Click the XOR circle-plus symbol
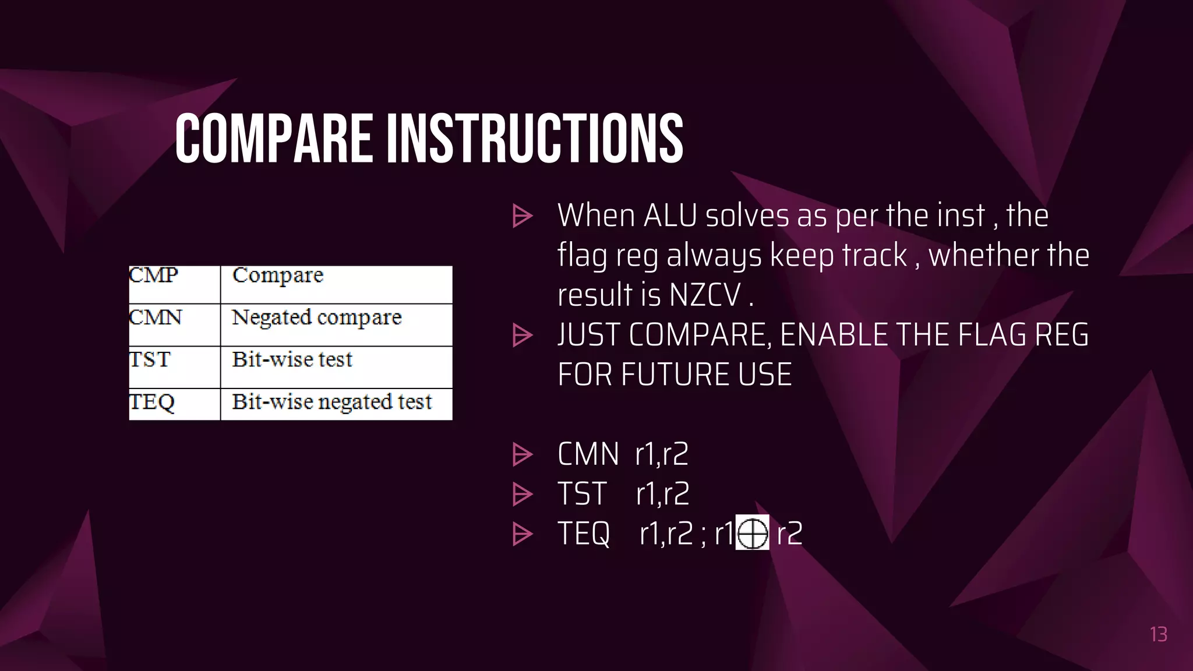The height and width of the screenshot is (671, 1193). click(x=752, y=532)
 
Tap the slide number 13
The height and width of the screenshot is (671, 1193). click(x=1158, y=634)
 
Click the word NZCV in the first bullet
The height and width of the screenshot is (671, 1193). click(x=705, y=295)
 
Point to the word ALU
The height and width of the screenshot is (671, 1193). click(x=670, y=216)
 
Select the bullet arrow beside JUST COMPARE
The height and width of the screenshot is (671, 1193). click(x=522, y=335)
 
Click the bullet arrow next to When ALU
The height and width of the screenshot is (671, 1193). click(x=522, y=216)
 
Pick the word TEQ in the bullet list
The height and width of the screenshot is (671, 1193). click(x=584, y=534)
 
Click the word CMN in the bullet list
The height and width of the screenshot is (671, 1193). click(x=588, y=454)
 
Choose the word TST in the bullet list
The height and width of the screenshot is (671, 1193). click(x=582, y=494)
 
